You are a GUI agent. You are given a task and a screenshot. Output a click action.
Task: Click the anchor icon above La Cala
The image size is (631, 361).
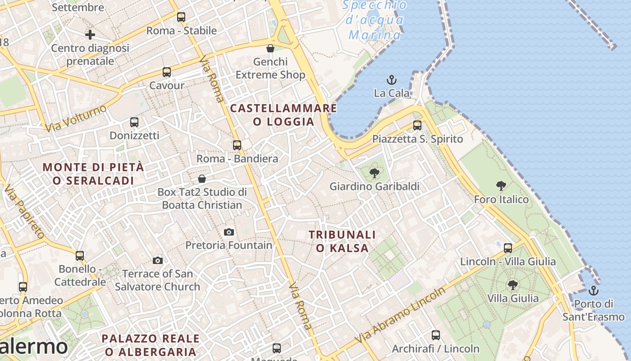(392, 80)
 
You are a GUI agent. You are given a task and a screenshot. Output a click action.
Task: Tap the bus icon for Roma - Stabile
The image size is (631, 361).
(181, 17)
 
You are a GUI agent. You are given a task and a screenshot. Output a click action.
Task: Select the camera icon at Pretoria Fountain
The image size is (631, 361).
(229, 232)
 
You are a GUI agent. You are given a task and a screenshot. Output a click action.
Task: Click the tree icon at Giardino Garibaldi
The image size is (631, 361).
(374, 173)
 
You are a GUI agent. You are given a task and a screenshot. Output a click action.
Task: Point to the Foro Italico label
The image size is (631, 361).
(501, 199)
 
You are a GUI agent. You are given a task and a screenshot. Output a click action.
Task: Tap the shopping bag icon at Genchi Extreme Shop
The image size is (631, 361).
(270, 48)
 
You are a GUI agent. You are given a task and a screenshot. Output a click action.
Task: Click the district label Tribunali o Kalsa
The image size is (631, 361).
(342, 241)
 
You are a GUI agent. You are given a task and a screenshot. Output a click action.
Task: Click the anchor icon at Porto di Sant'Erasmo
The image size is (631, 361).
(594, 291)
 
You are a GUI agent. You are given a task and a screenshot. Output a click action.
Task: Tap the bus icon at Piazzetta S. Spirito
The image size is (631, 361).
(417, 125)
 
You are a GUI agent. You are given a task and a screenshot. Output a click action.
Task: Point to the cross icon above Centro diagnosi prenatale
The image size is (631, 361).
(90, 34)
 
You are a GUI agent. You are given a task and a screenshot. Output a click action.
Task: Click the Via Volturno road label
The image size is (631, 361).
(76, 118)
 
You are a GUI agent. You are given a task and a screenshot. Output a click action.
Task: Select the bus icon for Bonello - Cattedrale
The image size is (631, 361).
(80, 256)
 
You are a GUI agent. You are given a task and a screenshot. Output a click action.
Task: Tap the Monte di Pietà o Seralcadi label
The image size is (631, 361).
(93, 174)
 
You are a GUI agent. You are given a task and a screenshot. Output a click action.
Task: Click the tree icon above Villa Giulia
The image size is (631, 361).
(512, 285)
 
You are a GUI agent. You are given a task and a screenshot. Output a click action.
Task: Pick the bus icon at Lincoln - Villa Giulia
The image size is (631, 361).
(508, 248)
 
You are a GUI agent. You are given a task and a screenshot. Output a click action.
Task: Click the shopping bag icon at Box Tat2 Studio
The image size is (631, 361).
(202, 179)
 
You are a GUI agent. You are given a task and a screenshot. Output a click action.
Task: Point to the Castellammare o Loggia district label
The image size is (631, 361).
(283, 115)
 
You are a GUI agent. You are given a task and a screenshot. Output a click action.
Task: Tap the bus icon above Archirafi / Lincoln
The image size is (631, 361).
(435, 335)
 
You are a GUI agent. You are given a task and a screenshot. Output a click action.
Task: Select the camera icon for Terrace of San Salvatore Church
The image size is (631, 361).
(157, 260)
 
